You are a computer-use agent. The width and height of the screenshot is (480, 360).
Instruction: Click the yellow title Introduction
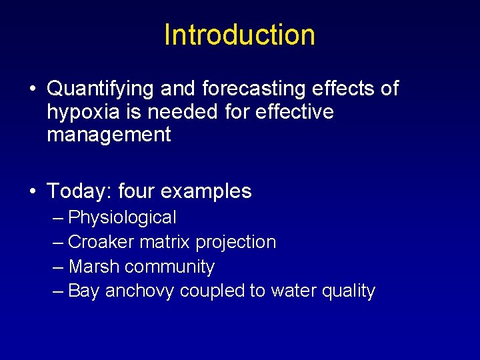point(239,35)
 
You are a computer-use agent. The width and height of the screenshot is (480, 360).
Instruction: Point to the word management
point(109,135)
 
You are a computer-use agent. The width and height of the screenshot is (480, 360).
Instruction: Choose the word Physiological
point(122,217)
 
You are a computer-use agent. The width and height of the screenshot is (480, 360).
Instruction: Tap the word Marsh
point(94,267)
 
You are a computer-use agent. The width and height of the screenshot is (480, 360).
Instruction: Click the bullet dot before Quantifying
point(33,89)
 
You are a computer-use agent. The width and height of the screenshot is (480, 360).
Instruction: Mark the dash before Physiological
point(57,218)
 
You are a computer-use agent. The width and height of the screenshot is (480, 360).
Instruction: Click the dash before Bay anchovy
point(57,291)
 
